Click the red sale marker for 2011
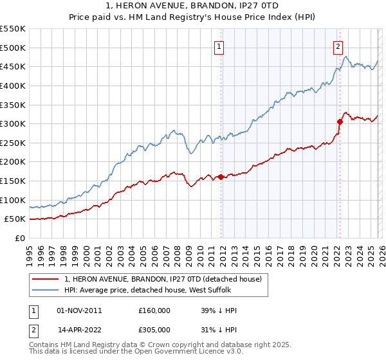[221, 177]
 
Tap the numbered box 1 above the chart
[219, 46]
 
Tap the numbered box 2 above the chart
[338, 46]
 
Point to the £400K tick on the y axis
[13, 85]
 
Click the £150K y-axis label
[13, 181]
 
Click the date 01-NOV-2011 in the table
[79, 310]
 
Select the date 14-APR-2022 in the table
[79, 330]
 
